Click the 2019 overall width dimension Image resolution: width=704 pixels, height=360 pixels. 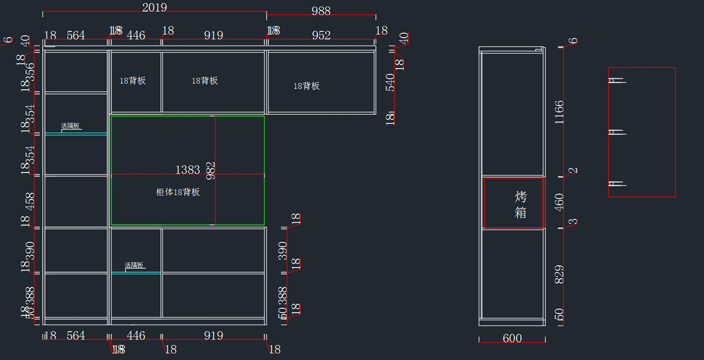pos(154,8)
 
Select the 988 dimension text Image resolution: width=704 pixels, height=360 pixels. pos(321,11)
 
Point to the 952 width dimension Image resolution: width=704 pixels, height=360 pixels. pos(321,36)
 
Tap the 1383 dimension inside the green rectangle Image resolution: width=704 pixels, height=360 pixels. pos(188,169)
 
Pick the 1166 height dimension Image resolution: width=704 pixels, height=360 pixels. pos(559,113)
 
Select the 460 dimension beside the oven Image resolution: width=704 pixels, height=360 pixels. pos(559,202)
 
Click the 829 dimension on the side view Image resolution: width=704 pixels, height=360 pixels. pos(559,276)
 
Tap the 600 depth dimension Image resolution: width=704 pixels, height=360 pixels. pos(512,338)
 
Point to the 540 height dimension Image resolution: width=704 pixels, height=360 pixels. pos(390,82)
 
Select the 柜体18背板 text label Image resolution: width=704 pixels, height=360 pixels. pos(178,192)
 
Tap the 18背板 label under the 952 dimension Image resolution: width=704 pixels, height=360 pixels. pos(306,86)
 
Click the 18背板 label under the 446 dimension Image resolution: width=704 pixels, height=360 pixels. pos(133,81)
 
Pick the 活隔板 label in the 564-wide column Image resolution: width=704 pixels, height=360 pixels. pos(70,126)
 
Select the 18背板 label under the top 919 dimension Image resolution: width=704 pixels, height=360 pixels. pos(205,81)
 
